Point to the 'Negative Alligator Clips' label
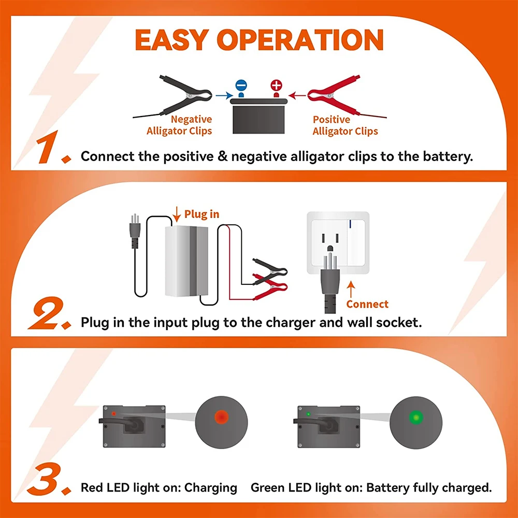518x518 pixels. click(x=179, y=125)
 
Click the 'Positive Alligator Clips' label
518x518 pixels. click(x=345, y=125)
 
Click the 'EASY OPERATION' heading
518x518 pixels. click(x=259, y=40)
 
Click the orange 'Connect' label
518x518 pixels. click(x=367, y=304)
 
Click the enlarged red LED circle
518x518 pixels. click(x=221, y=417)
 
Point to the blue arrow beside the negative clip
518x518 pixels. click(x=223, y=95)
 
